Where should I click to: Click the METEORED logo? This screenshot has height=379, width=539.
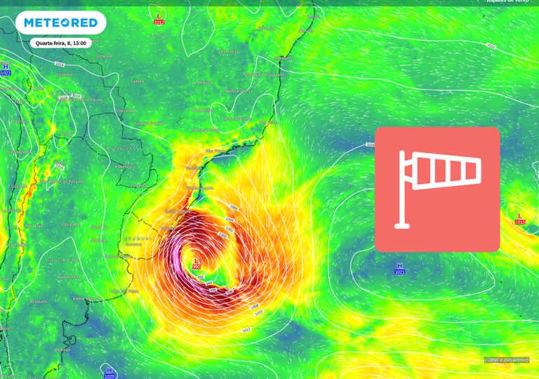(60, 22)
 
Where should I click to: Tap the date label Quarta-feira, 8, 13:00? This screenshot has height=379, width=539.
(61, 43)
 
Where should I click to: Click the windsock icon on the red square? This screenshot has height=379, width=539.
(437, 189)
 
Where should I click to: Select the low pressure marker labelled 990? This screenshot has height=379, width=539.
(197, 263)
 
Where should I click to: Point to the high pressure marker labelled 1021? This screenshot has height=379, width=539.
(399, 268)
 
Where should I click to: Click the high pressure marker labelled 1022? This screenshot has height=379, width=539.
(6, 69)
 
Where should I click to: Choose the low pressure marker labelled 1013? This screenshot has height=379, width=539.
(520, 219)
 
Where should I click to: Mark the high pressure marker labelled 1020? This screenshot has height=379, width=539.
(109, 373)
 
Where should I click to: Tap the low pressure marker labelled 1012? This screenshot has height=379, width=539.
(159, 19)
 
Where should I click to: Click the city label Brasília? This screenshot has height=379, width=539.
(205, 82)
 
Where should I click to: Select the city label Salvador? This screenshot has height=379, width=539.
(283, 58)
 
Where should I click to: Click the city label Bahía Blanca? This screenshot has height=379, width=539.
(86, 298)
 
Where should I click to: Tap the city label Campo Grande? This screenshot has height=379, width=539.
(149, 123)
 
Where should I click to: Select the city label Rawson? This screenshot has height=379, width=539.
(63, 350)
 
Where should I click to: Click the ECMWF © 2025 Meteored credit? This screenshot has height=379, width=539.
(506, 360)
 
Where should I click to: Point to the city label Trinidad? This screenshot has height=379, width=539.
(65, 74)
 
